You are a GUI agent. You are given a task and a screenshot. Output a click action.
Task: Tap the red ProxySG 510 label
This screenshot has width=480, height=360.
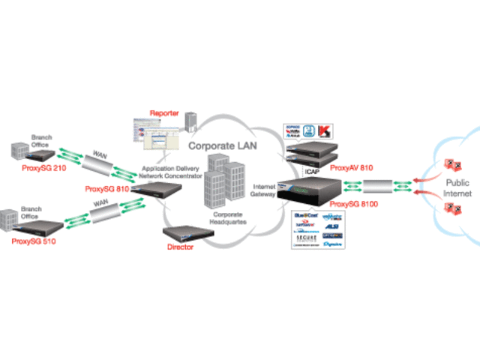coord(33,241)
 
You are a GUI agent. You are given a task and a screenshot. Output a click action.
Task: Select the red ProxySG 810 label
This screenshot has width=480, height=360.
coord(107,189)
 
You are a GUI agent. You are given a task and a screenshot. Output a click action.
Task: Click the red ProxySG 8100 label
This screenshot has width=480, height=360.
coord(353,203)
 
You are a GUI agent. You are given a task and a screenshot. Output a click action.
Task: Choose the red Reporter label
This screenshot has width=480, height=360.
coord(164,113)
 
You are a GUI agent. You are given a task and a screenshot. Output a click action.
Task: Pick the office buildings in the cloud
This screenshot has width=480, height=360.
coord(224,180)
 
